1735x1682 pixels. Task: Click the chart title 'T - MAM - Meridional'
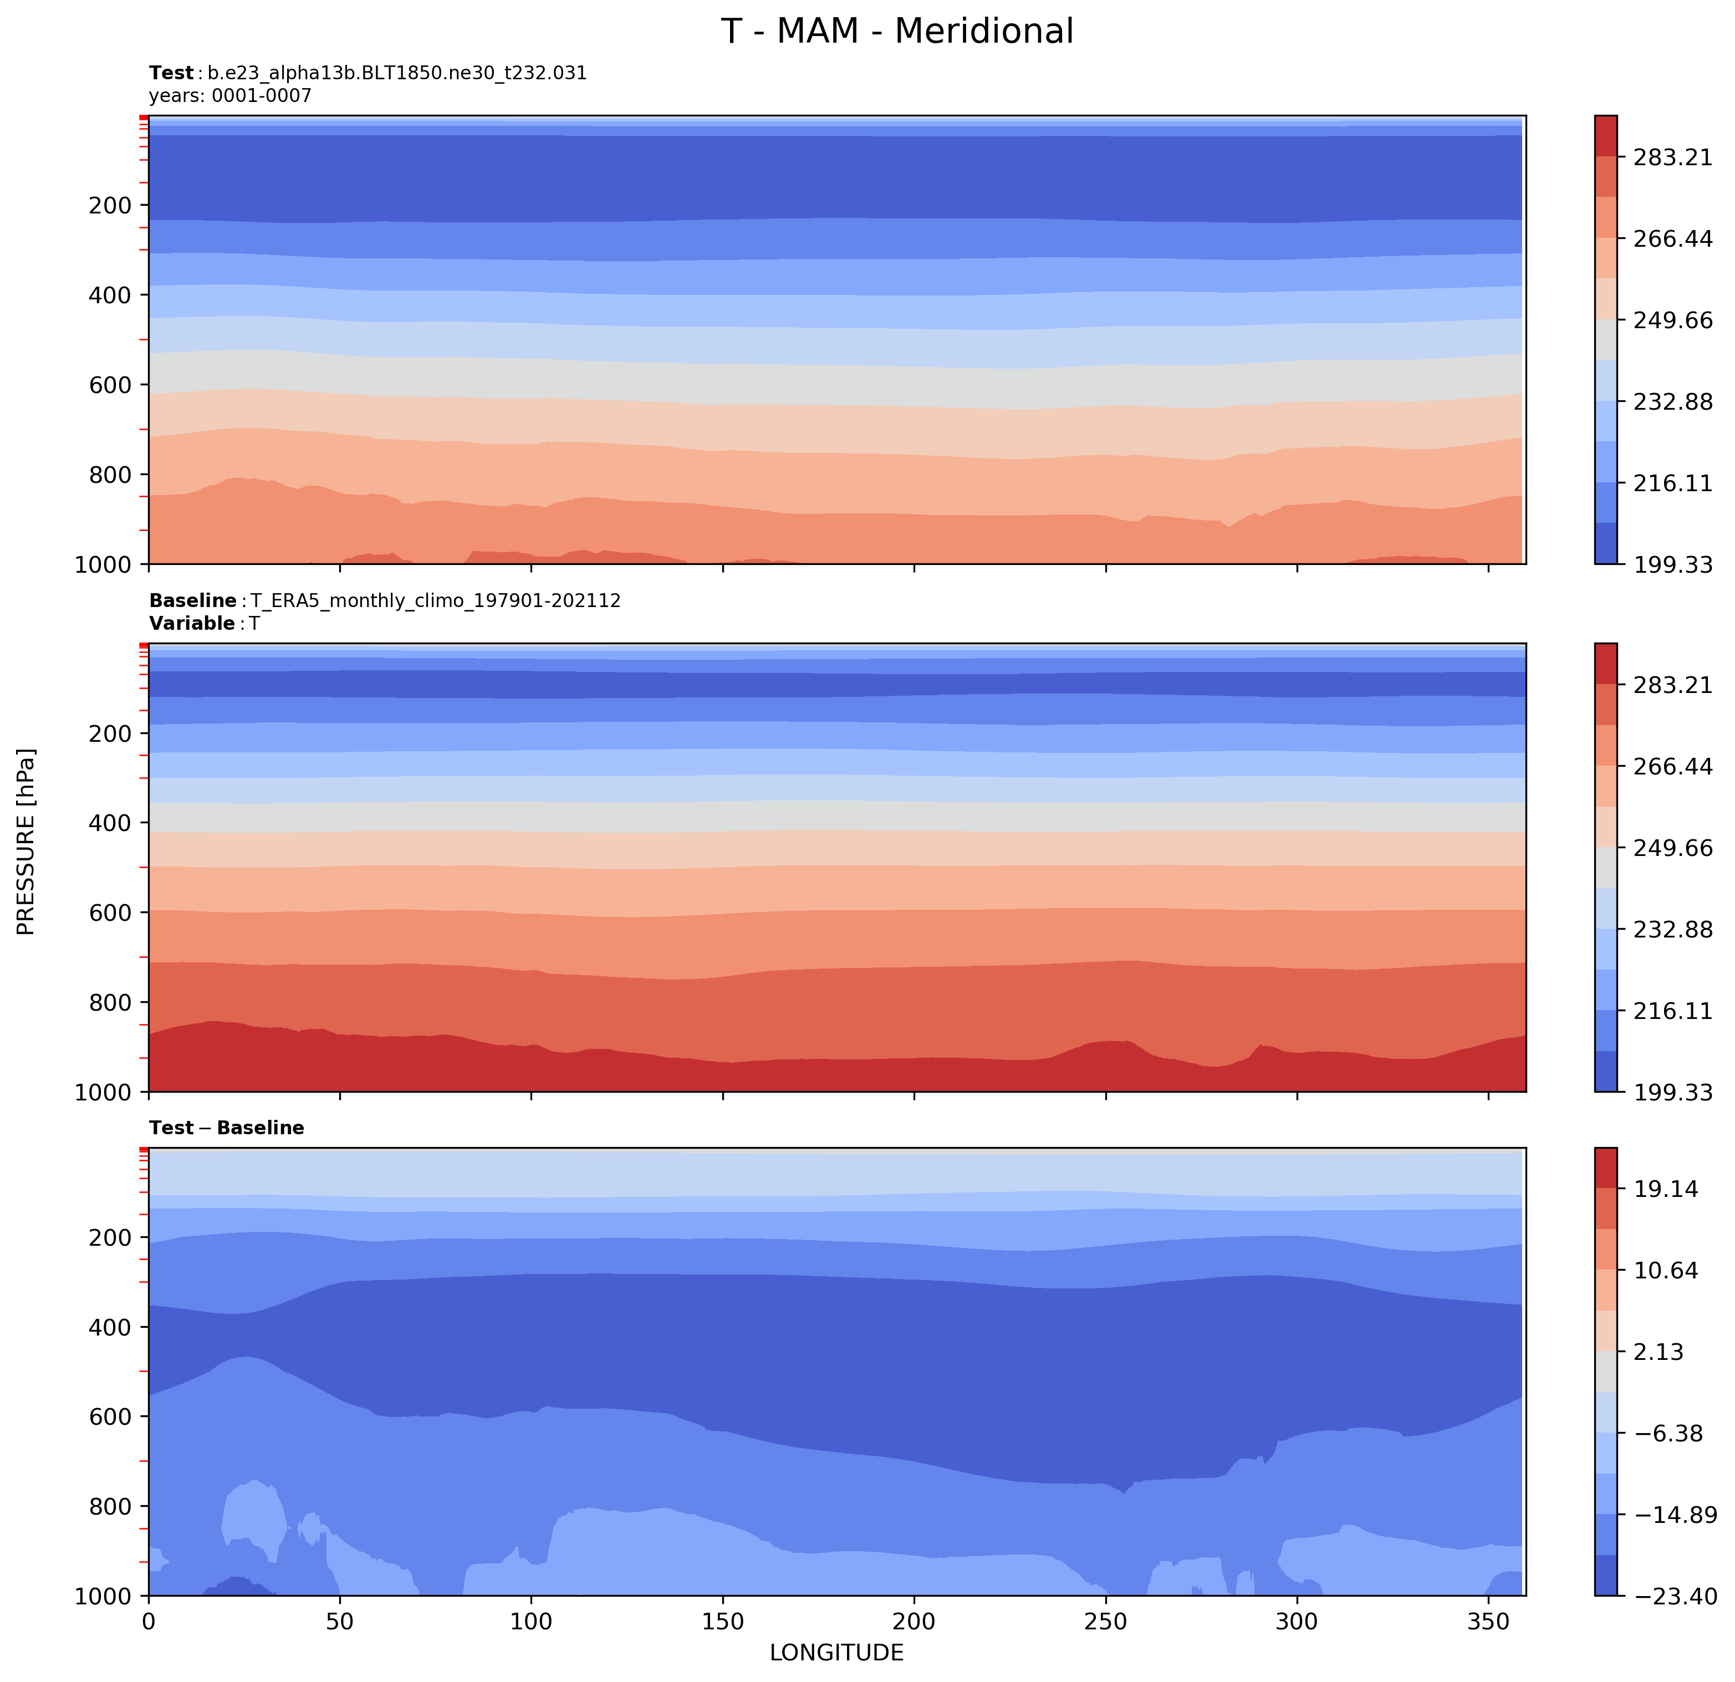point(897,32)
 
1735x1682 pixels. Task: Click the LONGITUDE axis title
point(836,1653)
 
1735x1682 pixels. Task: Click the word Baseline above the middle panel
point(192,601)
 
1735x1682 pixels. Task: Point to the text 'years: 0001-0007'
point(230,95)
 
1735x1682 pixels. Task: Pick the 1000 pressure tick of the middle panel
point(104,1092)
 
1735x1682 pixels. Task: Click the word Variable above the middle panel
point(191,623)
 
